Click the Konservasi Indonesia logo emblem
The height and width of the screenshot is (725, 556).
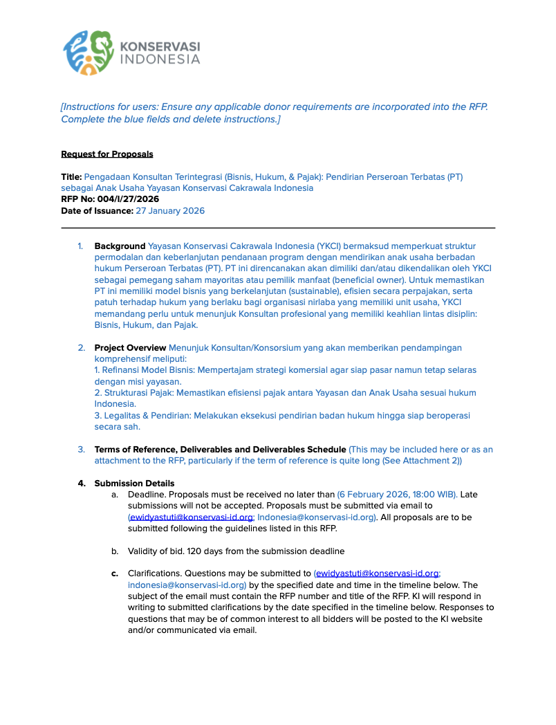[89, 52]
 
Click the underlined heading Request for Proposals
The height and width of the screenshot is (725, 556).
[107, 154]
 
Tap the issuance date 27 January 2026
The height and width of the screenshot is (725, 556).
[170, 211]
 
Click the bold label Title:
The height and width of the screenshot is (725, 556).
[71, 177]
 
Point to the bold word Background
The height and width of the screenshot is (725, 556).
[120, 246]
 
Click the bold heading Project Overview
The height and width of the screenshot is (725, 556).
[130, 347]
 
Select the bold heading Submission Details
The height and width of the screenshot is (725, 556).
[134, 484]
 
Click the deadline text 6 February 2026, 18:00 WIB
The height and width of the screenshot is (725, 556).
[397, 495]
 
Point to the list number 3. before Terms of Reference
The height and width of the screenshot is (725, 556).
[81, 450]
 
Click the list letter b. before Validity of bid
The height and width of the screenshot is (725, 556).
[115, 551]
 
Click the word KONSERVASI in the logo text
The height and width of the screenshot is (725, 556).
[160, 46]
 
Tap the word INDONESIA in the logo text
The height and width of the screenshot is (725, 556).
[160, 59]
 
